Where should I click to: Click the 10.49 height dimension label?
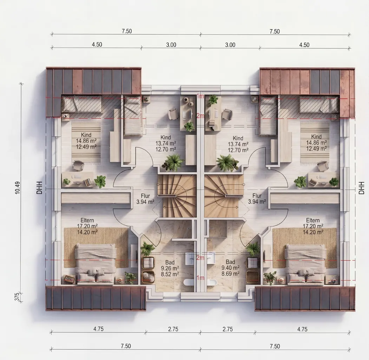pyautogui.click(x=18, y=188)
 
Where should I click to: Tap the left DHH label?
pyautogui.click(x=39, y=188)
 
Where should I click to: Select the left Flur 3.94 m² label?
pyautogui.click(x=145, y=199)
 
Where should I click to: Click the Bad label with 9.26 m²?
pyautogui.click(x=170, y=268)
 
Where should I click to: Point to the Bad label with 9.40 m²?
pyautogui.click(x=230, y=268)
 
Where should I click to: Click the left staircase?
pyautogui.click(x=177, y=196)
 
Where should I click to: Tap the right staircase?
pyautogui.click(x=224, y=196)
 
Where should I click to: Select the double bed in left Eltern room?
pyautogui.click(x=95, y=264)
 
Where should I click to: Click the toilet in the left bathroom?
pyautogui.click(x=189, y=283)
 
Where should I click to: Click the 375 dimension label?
pyautogui.click(x=17, y=297)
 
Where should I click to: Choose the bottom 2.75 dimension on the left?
pyautogui.click(x=173, y=329)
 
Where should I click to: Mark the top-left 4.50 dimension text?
pyautogui.click(x=97, y=45)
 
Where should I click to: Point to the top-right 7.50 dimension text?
pyautogui.click(x=275, y=31)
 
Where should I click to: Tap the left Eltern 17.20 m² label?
pyautogui.click(x=87, y=226)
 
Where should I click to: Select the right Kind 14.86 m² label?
pyautogui.click(x=316, y=142)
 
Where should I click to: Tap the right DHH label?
pyautogui.click(x=361, y=188)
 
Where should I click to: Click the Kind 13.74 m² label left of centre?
pyautogui.click(x=166, y=143)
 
